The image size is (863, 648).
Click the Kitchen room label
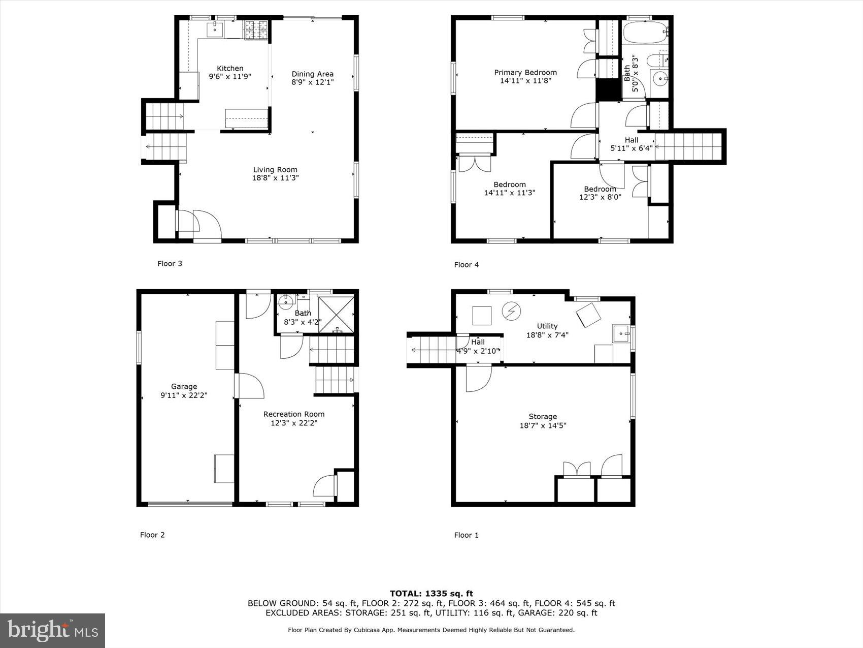pyautogui.click(x=230, y=69)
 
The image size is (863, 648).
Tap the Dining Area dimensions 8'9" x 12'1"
pyautogui.click(x=312, y=82)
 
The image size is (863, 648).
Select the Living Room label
pyautogui.click(x=275, y=170)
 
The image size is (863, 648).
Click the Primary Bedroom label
pyautogui.click(x=525, y=73)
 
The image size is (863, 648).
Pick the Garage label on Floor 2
pyautogui.click(x=184, y=387)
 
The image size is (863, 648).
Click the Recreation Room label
pyautogui.click(x=294, y=414)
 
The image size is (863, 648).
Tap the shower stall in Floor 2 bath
pyautogui.click(x=336, y=314)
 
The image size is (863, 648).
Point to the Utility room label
pyautogui.click(x=547, y=326)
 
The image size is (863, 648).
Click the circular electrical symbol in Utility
pyautogui.click(x=511, y=311)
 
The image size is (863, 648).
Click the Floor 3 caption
pyautogui.click(x=170, y=263)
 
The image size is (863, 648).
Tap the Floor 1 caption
pyautogui.click(x=466, y=535)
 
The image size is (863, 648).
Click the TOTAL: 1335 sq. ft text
pyautogui.click(x=431, y=593)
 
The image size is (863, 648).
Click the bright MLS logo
pyautogui.click(x=52, y=630)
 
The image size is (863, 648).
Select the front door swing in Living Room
pyautogui.click(x=208, y=224)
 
